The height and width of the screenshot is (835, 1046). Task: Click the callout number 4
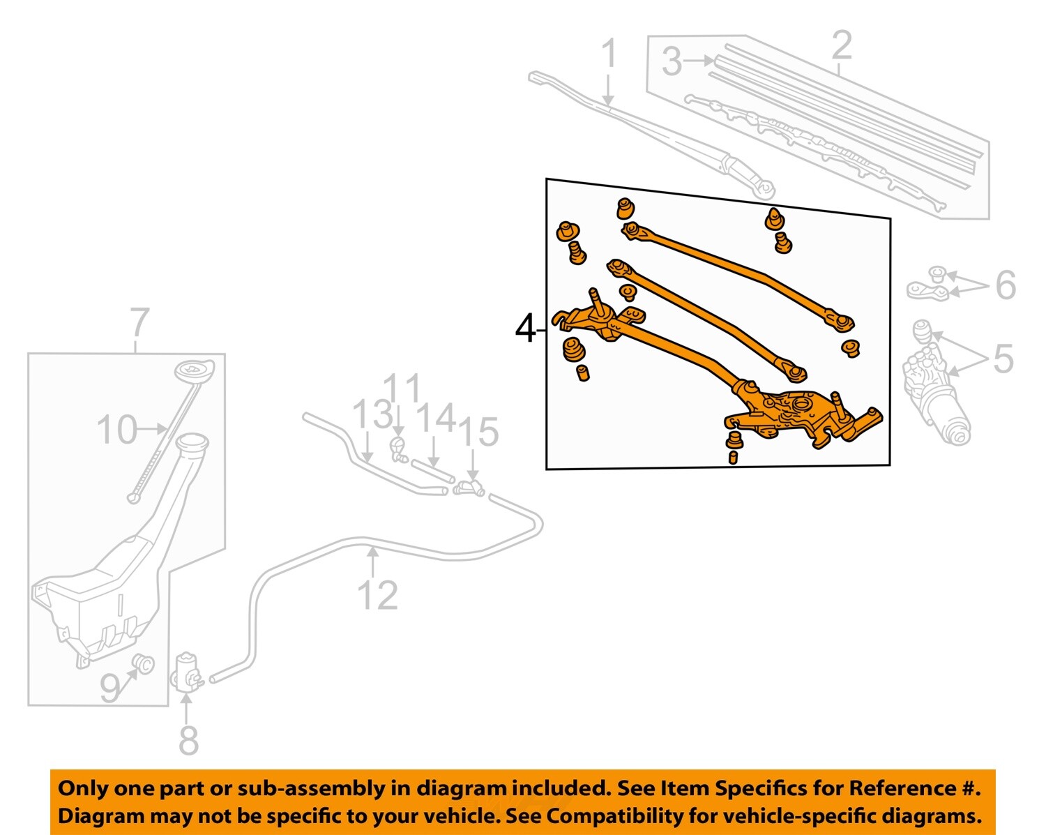(x=525, y=329)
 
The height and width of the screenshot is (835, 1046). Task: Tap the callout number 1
(x=609, y=54)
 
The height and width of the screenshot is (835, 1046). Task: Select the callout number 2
(x=842, y=45)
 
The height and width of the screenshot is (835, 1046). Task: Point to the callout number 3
(x=671, y=62)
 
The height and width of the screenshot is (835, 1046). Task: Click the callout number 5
(x=1003, y=359)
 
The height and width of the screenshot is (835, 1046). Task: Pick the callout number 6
(x=1005, y=285)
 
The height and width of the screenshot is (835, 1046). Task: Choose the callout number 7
(x=139, y=324)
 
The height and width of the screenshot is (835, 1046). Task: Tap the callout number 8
(x=188, y=740)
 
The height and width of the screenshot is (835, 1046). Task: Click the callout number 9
(x=110, y=689)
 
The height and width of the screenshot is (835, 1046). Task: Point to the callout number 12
(x=377, y=595)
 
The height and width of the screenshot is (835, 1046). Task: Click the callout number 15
(x=478, y=432)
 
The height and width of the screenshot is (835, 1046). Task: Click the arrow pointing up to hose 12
(x=374, y=562)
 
